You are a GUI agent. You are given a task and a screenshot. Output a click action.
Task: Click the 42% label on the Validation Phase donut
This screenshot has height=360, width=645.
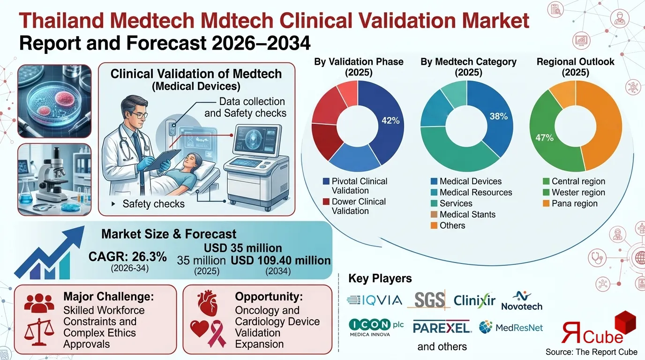pos(390,120)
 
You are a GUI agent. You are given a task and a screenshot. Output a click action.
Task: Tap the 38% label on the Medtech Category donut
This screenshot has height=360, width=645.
pos(498,116)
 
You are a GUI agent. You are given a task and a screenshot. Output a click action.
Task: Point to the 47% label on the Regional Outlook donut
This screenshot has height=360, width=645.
pos(544,137)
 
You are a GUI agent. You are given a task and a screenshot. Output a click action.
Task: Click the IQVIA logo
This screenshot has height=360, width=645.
pos(375,300)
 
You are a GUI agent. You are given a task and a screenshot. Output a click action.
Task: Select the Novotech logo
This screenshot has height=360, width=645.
pos(521,301)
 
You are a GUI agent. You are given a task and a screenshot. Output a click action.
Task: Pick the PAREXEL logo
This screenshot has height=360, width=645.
pos(442,327)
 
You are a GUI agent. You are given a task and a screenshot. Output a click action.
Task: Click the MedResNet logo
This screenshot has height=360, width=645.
pos(511,327)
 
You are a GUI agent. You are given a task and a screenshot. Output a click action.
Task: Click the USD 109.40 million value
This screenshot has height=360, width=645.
pos(281,261)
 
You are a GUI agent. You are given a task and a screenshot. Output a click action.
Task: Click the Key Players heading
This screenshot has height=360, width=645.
pos(380,278)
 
